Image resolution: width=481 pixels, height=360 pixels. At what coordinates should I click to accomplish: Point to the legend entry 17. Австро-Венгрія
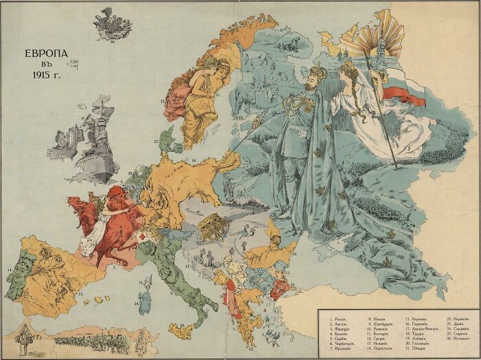pyautogui.click(x=421, y=329)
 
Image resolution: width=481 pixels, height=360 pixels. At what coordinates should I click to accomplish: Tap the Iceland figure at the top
pyautogui.click(x=112, y=23)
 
